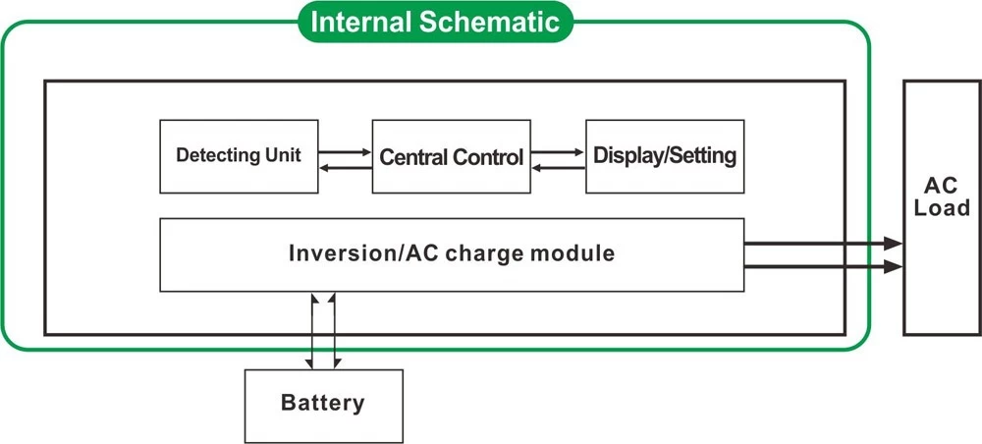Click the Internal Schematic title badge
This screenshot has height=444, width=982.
pos(435,22)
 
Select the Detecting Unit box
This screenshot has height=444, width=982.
pos(239,156)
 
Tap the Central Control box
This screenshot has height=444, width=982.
pos(451,156)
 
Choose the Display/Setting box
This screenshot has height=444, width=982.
pos(665,156)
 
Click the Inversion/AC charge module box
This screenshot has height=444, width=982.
pos(452,254)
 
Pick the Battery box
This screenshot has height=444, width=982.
pos(323,406)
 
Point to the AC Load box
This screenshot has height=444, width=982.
pos(942,207)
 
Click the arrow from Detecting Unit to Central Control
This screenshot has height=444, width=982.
pos(345,151)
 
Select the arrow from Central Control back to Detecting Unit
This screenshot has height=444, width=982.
pos(345,167)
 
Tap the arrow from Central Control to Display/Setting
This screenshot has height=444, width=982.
pos(558,151)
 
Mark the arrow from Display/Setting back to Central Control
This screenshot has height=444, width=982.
pos(558,167)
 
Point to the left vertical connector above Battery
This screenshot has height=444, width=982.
pos(311,331)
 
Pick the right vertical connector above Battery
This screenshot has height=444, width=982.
pos(334,331)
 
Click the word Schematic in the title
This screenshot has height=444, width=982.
pos(489,22)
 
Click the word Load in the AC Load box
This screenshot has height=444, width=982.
pos(942,208)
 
